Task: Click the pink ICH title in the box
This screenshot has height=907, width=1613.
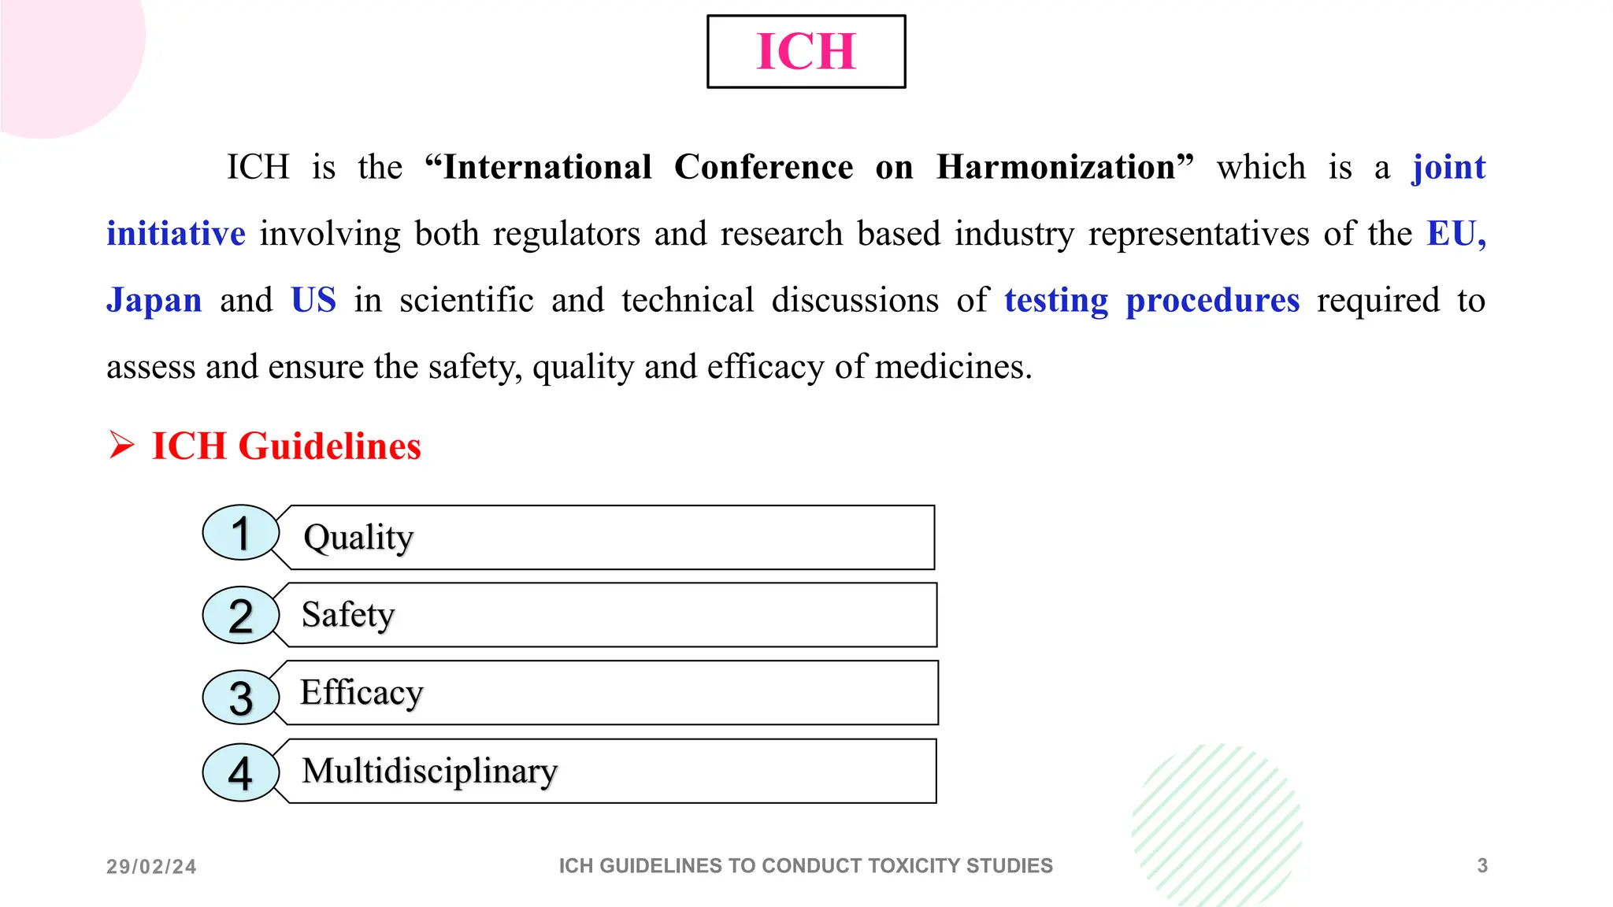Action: [806, 52]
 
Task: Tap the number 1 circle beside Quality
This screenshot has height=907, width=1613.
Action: [241, 533]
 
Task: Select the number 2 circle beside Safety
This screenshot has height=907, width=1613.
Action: [241, 615]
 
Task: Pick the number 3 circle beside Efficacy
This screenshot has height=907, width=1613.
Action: [241, 698]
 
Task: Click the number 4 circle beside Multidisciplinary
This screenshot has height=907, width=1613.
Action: [241, 772]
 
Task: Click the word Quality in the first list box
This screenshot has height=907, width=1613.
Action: [358, 538]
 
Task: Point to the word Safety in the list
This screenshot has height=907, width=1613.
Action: [348, 615]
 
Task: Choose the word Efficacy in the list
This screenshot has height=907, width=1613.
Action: [362, 693]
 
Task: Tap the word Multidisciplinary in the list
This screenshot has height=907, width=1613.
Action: [430, 771]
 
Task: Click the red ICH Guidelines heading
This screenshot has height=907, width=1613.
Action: [286, 446]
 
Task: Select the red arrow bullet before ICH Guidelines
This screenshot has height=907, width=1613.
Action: [122, 445]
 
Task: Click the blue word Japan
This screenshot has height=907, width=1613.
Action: [154, 301]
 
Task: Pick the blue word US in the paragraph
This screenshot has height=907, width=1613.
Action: [313, 301]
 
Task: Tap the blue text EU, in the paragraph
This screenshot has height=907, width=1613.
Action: [1456, 234]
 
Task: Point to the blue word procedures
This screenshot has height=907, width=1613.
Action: [1212, 301]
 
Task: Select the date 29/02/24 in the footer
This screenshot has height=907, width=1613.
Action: [151, 867]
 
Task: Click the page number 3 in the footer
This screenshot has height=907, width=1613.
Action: [1482, 866]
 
